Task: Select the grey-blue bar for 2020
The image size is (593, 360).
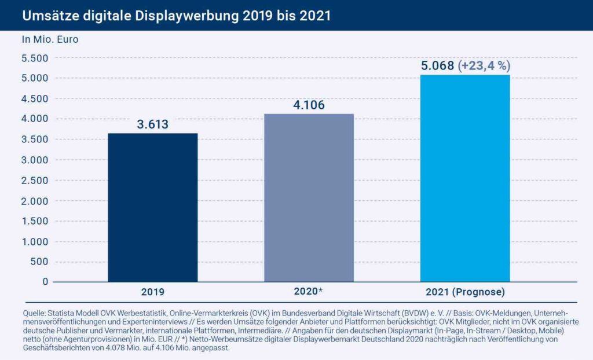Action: point(309,197)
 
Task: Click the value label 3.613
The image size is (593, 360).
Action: point(153,124)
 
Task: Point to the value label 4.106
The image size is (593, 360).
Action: point(309,105)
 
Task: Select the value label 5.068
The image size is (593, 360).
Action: point(438,65)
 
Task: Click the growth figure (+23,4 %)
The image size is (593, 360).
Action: point(484,65)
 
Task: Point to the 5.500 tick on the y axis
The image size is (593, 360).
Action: point(34,58)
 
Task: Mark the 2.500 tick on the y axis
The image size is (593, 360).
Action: point(34,180)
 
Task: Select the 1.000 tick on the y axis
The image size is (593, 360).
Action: point(34,241)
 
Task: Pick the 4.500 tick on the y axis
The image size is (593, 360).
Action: point(34,98)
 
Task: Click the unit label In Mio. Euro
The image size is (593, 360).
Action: point(50,40)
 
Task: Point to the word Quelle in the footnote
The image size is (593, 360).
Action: point(34,313)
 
